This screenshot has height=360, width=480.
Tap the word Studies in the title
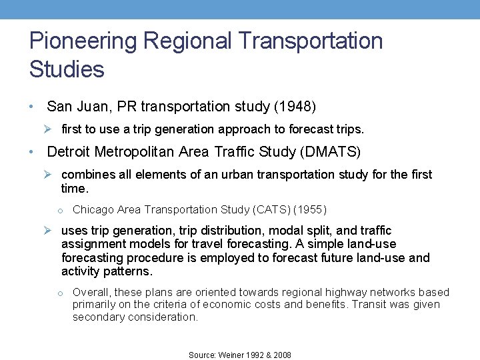tap(67, 69)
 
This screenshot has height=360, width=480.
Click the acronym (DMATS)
tap(331, 152)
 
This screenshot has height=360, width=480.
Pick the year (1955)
tap(311, 210)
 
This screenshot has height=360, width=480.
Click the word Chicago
tap(93, 210)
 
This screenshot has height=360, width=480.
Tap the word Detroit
tap(69, 152)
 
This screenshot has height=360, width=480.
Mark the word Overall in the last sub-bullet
tap(91, 292)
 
